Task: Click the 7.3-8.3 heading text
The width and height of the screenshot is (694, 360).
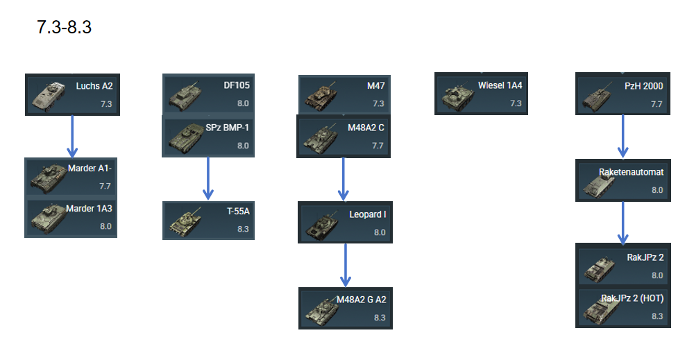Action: point(63,30)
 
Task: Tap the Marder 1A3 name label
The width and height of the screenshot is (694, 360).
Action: point(89,208)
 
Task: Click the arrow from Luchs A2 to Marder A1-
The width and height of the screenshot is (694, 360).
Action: point(71,136)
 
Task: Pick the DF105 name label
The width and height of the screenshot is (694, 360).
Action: point(236,85)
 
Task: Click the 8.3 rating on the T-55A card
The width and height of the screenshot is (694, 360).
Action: point(242,229)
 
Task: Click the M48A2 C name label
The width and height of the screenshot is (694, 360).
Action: point(366,128)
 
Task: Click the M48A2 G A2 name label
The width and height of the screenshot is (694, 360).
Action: point(361,300)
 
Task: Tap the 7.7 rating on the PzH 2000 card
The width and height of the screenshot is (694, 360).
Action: point(657,104)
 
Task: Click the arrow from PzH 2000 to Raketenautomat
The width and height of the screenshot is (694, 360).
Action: point(623,136)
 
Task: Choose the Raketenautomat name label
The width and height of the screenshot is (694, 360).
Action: point(631,171)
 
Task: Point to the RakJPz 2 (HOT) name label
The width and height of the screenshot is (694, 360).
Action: point(632,298)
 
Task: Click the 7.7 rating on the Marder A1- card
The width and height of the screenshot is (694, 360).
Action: point(105,186)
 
